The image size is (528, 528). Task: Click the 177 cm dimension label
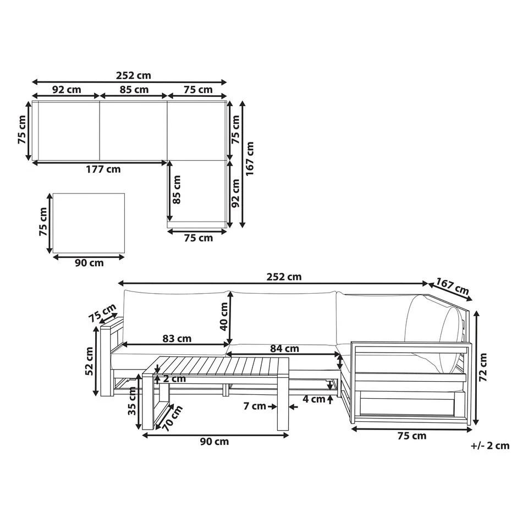103,169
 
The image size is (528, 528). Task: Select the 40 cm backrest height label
224,317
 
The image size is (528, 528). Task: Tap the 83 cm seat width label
177,338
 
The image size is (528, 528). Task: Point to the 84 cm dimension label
284,349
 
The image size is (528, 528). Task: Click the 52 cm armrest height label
89,361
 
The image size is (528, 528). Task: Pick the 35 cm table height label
132,401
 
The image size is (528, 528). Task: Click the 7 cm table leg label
255,406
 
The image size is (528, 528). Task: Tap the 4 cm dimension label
314,399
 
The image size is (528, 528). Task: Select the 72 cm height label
483,367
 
